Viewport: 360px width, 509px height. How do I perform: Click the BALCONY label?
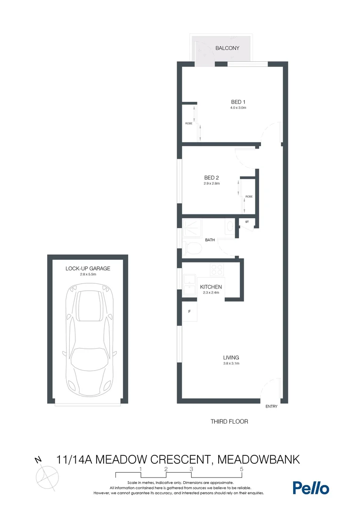tap(227, 48)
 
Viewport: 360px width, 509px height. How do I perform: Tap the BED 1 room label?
tap(238, 102)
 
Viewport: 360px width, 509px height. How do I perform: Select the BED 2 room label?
tap(212, 178)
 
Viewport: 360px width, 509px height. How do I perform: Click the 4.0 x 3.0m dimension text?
tap(238, 108)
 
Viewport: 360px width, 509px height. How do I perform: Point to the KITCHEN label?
tap(211, 287)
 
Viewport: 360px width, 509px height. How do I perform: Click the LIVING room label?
tap(231, 357)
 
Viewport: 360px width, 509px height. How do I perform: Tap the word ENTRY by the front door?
tap(271, 406)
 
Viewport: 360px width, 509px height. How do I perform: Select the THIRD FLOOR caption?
tap(229, 421)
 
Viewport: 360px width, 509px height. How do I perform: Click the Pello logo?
tap(311, 488)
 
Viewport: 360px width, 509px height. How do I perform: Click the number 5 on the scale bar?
tap(241, 469)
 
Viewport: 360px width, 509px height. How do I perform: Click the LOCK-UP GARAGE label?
tap(88, 269)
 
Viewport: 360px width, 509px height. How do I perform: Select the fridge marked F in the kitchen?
tap(189, 312)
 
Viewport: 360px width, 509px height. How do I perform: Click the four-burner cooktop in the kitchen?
tap(216, 270)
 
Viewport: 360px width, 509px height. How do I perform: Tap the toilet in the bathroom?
tap(192, 247)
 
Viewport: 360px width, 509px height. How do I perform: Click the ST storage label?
tap(247, 221)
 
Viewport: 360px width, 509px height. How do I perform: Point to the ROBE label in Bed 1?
tap(188, 123)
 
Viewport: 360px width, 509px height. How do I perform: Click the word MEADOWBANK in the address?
tap(259, 459)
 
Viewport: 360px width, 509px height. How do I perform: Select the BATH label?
tap(210, 240)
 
